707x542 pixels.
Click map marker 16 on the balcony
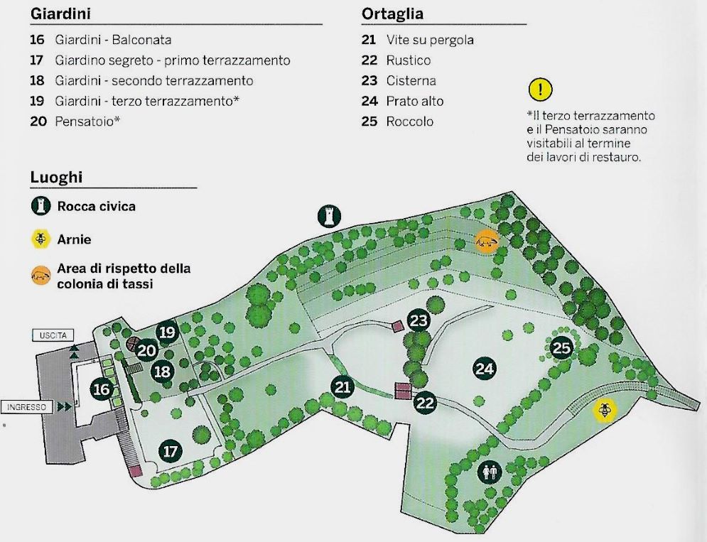point(102,389)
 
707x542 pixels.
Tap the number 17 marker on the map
point(170,451)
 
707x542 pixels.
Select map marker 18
point(162,371)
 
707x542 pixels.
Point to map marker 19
point(167,332)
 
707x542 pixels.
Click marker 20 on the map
point(146,350)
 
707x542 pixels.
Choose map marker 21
point(342,387)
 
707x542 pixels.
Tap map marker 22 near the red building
point(425,402)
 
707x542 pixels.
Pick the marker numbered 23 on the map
point(419,320)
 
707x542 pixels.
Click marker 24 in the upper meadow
point(485,369)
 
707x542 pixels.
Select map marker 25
point(561,347)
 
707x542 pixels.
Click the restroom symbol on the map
point(490,472)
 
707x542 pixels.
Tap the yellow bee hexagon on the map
point(604,410)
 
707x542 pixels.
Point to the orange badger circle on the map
point(487,242)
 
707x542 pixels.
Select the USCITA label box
point(53,335)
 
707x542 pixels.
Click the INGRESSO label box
point(26,407)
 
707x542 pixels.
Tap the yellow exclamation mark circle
point(540,90)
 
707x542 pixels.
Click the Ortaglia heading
point(392,13)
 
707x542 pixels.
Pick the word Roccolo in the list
point(410,121)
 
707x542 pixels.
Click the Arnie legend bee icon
point(41,239)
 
